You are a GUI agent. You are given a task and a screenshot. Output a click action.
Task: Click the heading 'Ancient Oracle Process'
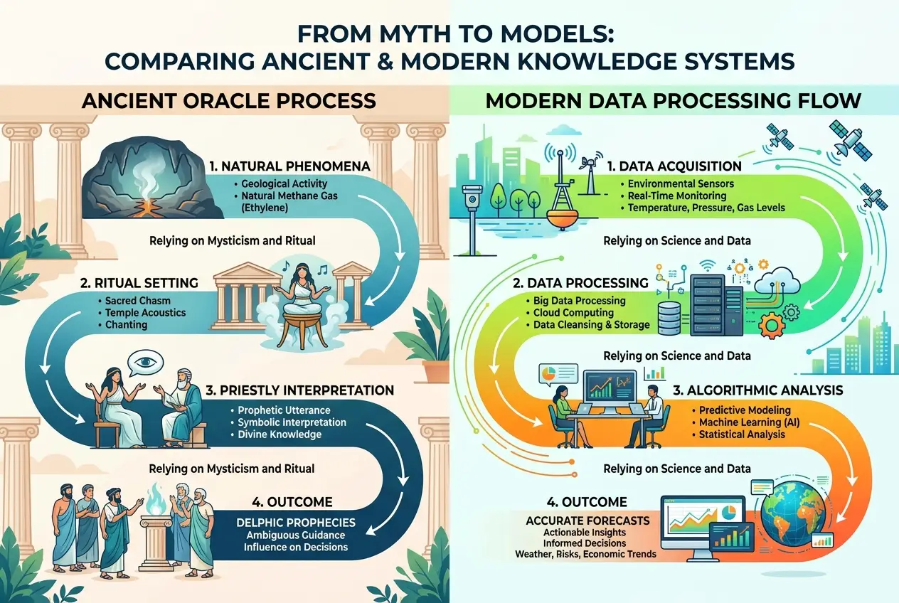click(x=228, y=100)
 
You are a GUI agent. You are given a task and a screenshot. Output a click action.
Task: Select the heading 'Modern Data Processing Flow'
click(x=673, y=100)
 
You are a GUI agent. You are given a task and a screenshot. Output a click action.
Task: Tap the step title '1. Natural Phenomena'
click(x=289, y=167)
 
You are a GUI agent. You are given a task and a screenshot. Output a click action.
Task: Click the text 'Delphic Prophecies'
click(x=295, y=523)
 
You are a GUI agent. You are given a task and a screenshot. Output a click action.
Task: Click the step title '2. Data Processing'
click(x=580, y=282)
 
